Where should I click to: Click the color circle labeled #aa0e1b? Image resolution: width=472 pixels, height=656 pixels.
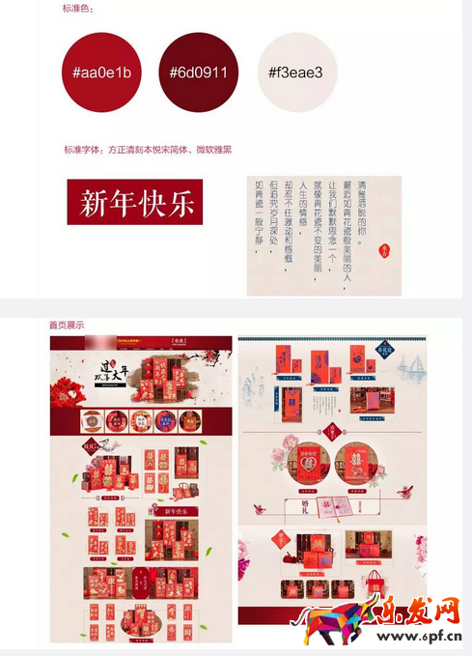(101, 72)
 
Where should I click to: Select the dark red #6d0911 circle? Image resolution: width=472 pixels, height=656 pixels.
(198, 72)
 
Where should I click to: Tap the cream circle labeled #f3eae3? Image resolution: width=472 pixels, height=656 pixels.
(295, 72)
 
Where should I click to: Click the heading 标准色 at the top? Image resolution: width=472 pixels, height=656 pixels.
(80, 9)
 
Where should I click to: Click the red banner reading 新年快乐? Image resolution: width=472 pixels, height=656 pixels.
(136, 202)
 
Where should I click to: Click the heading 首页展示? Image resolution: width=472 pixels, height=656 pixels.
(67, 325)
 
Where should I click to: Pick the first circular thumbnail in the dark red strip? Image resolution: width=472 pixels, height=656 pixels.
(90, 421)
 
